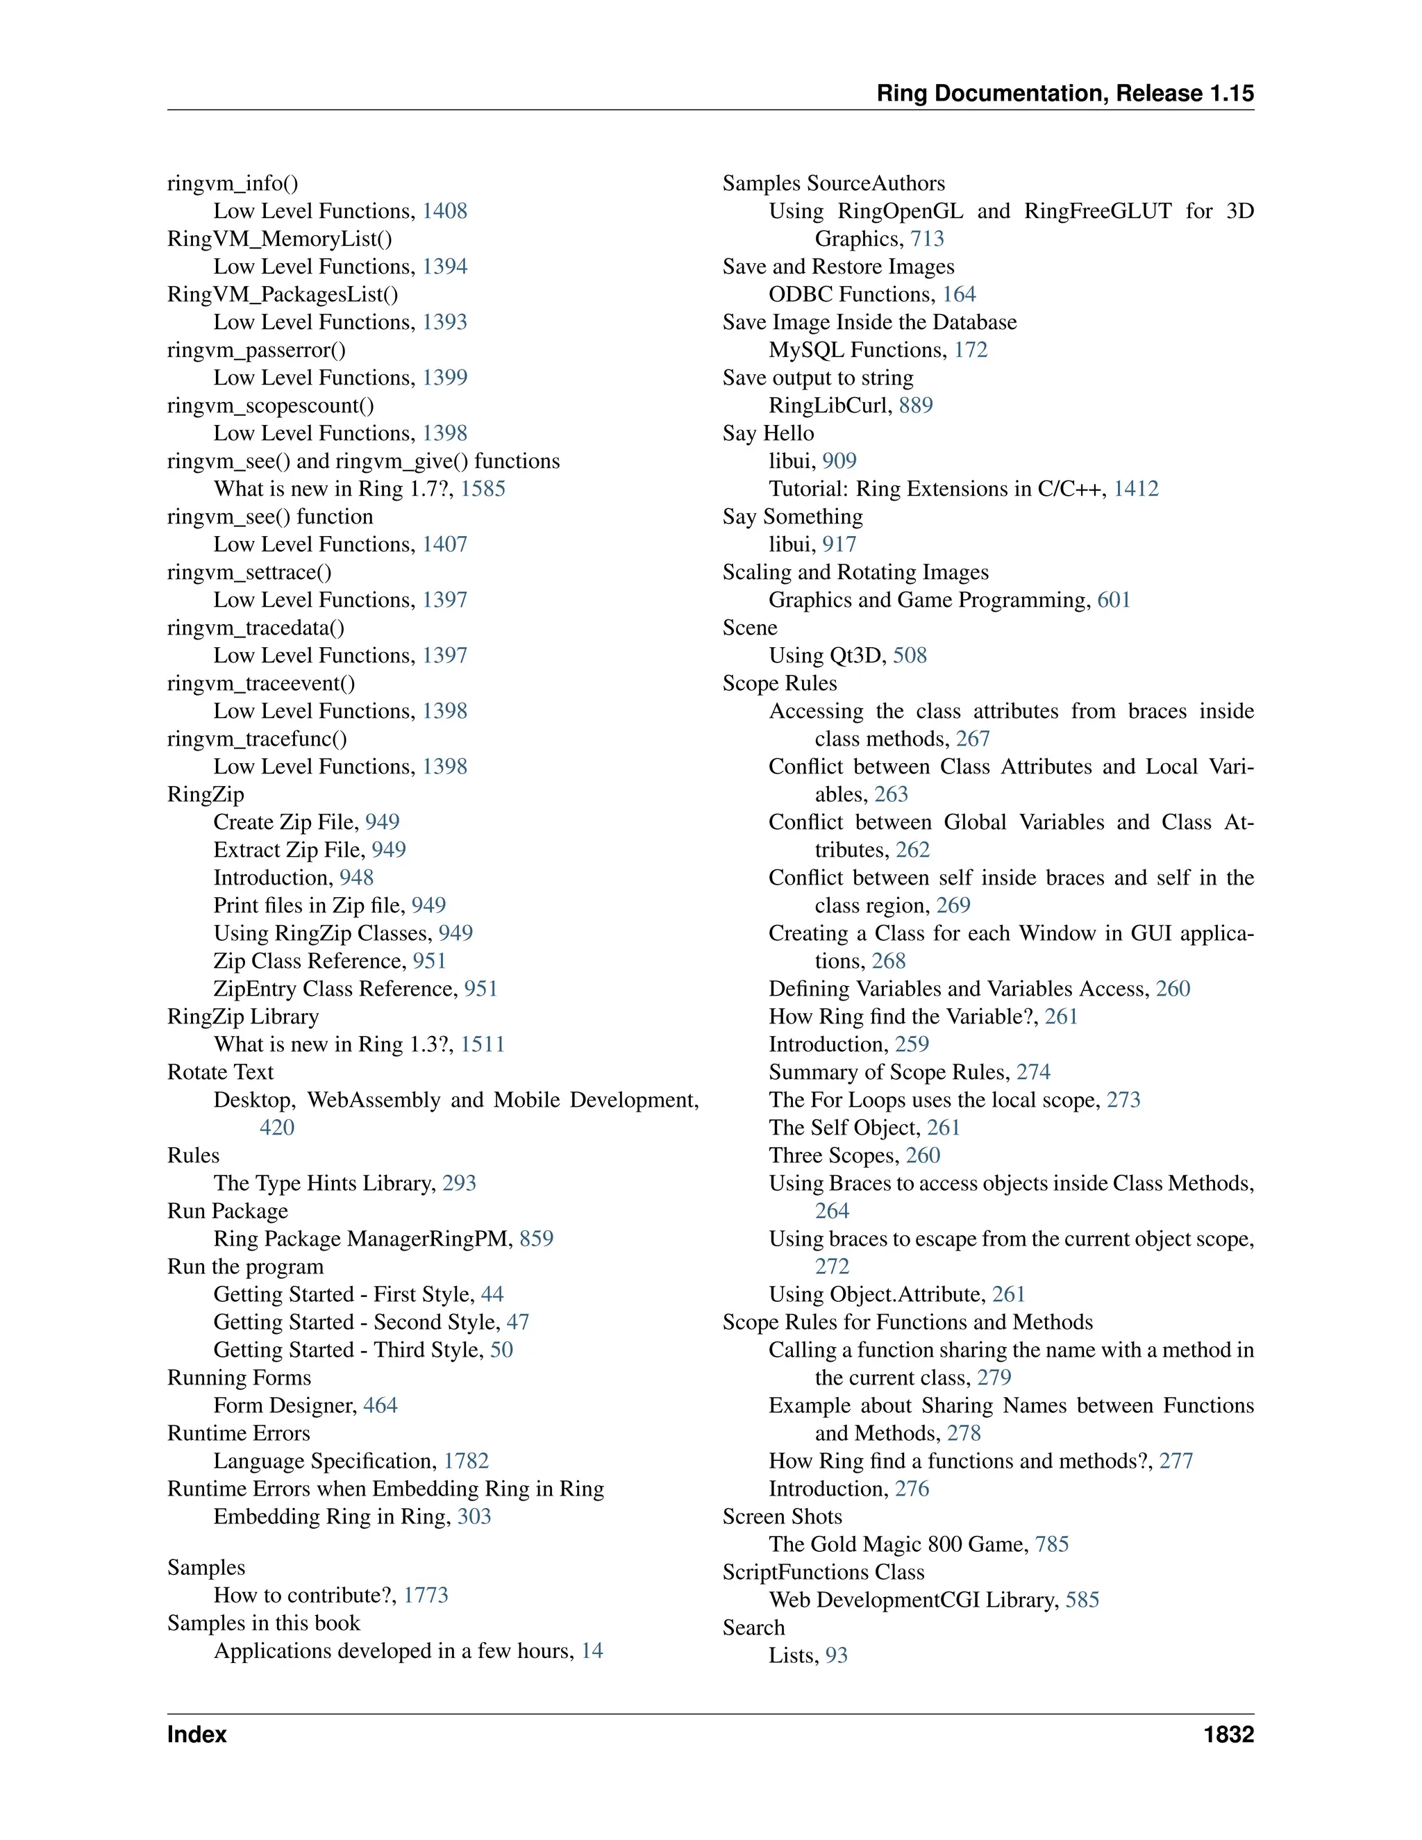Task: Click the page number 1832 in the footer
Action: [x=1228, y=1734]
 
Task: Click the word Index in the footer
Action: [x=197, y=1734]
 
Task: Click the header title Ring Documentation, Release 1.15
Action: [x=1065, y=94]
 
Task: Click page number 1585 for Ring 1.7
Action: [x=483, y=489]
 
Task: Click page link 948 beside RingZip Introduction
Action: [x=356, y=877]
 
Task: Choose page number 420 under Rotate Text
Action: [x=277, y=1127]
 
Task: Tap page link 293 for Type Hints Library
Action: [x=459, y=1183]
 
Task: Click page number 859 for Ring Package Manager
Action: [x=537, y=1239]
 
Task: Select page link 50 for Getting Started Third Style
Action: [x=501, y=1350]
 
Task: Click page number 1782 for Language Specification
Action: [x=466, y=1461]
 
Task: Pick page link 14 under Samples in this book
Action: [x=592, y=1650]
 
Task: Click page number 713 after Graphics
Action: [x=927, y=238]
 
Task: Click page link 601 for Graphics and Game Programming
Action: [x=1114, y=600]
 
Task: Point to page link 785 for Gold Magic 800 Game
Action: [x=1051, y=1544]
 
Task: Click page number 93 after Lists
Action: [x=837, y=1655]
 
